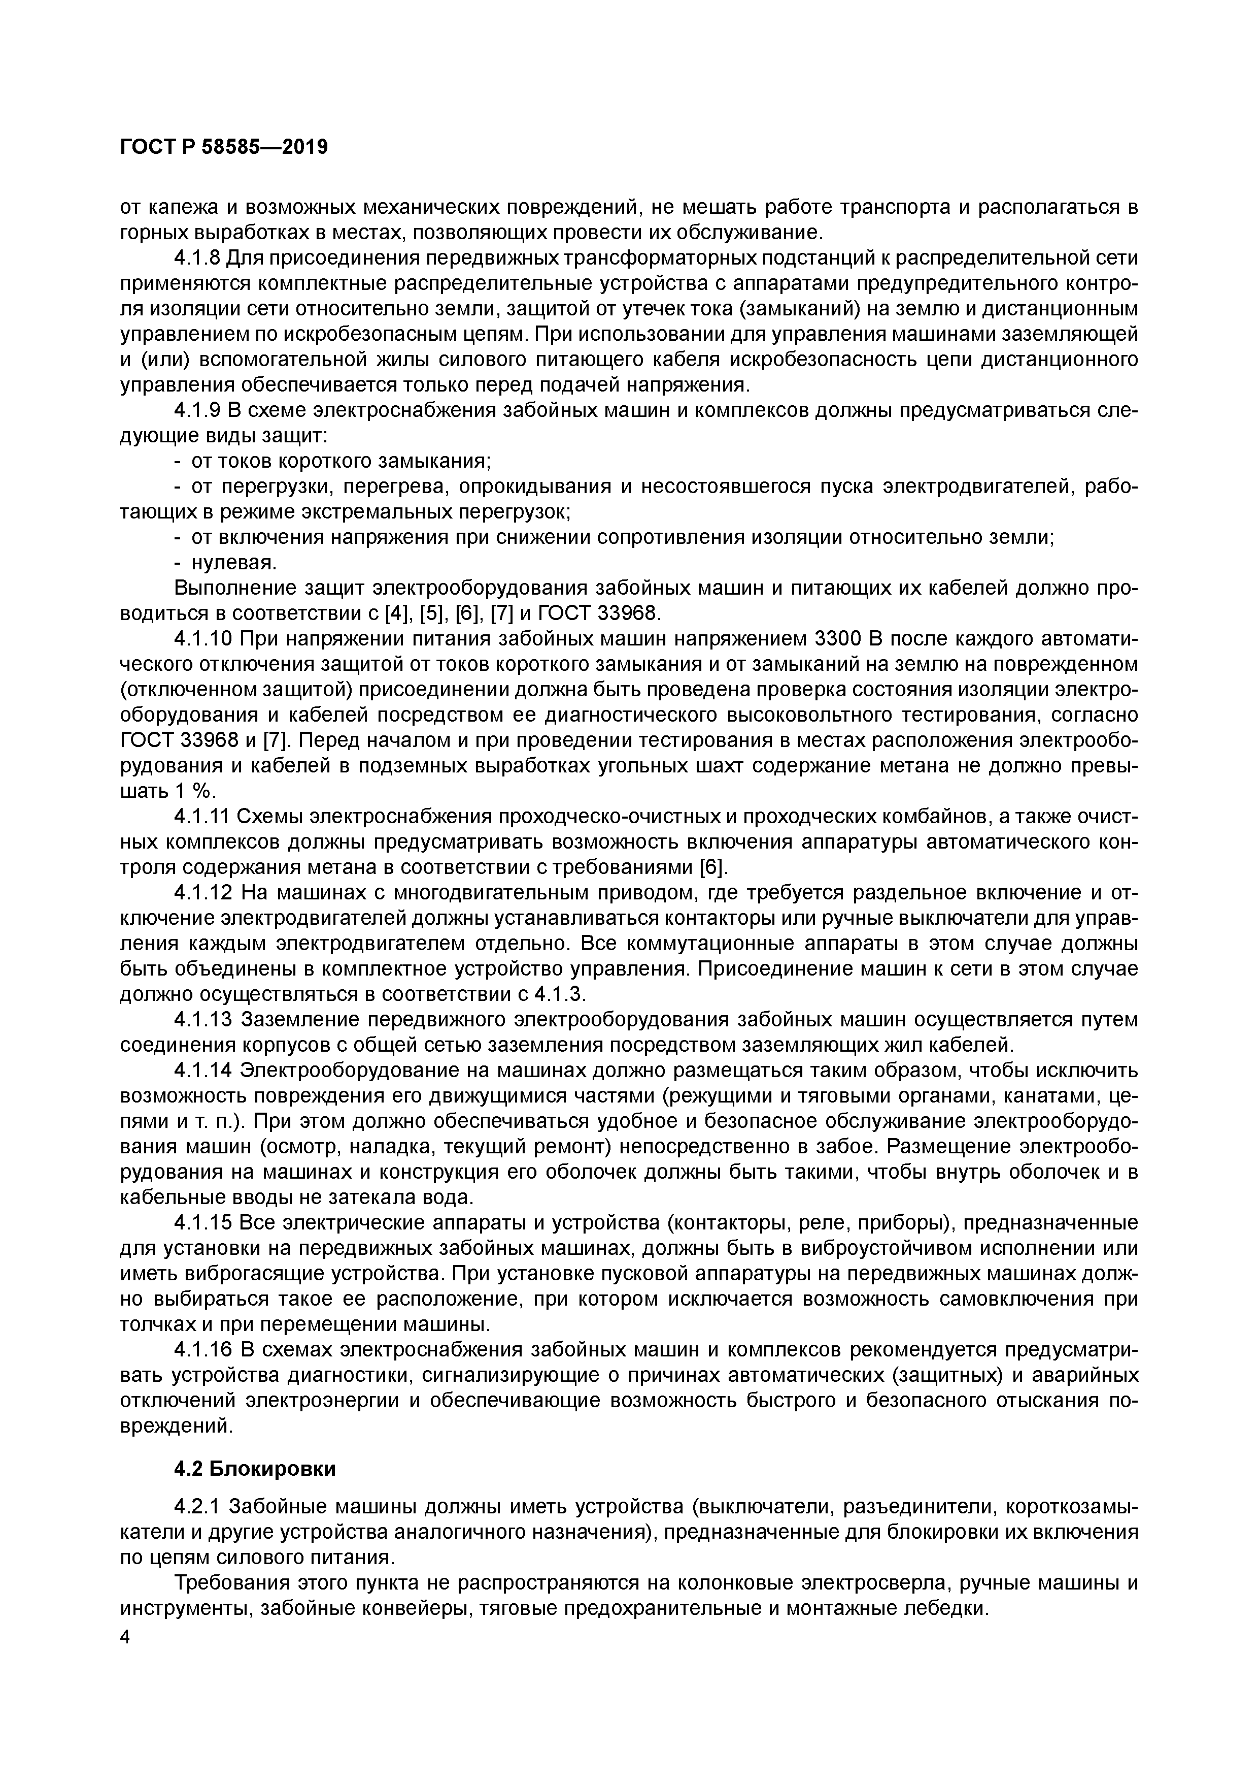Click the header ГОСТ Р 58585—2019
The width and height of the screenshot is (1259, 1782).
224,147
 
